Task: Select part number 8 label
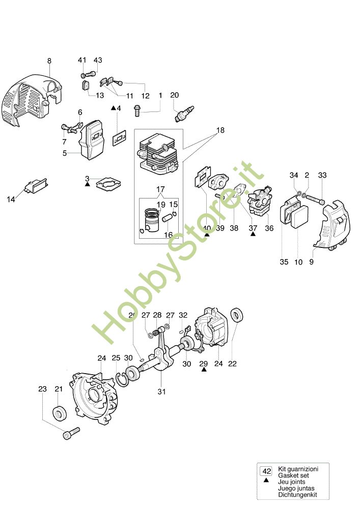click(49, 61)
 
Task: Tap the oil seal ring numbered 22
click(237, 315)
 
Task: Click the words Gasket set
click(291, 474)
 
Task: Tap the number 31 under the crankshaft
click(162, 391)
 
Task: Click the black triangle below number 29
click(204, 371)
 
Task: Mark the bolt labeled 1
click(137, 108)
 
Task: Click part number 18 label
click(220, 130)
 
